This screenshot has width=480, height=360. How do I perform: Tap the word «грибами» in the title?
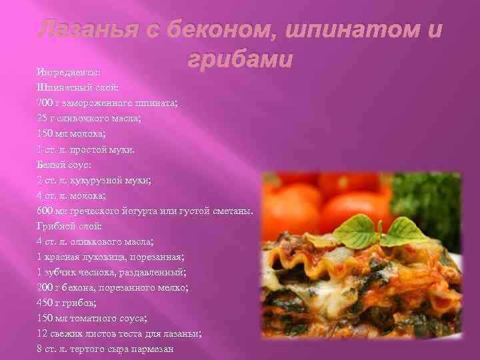(x=240, y=59)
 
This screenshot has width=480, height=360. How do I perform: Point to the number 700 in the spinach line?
(x=45, y=103)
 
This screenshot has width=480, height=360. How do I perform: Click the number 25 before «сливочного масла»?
(x=43, y=118)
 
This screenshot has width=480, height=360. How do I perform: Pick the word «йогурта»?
(x=155, y=211)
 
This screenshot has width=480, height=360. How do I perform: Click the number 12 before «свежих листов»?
(x=43, y=334)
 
